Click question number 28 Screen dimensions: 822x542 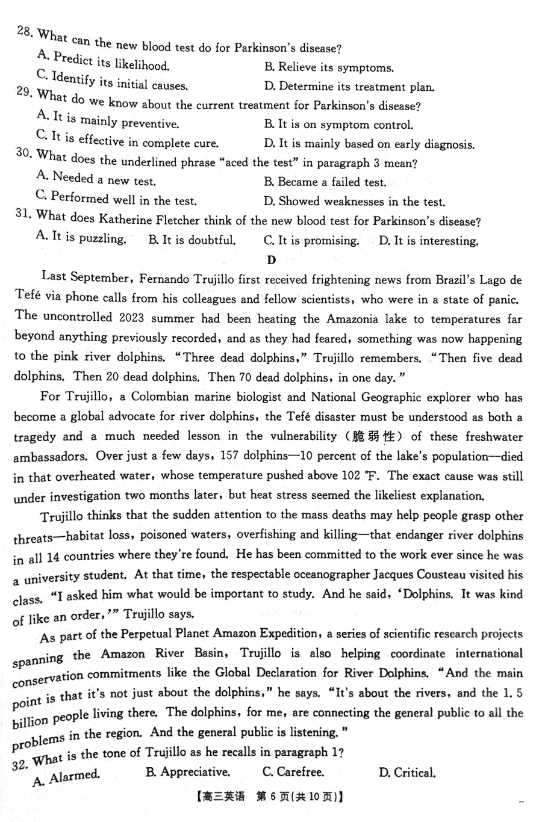click(24, 31)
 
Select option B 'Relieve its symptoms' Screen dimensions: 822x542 click(329, 67)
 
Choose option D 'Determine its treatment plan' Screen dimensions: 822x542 click(349, 87)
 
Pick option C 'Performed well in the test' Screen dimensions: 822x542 click(117, 199)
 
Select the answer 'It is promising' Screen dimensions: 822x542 click(311, 240)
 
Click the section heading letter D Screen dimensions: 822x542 click(271, 260)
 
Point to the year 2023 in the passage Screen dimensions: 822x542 click(132, 318)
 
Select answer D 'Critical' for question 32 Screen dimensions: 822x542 click(407, 773)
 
